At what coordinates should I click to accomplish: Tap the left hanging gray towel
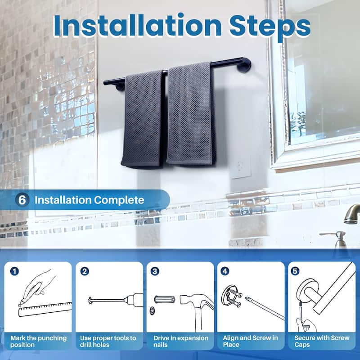(143, 119)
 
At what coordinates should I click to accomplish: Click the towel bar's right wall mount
(244, 65)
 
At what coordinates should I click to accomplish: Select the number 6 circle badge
(22, 200)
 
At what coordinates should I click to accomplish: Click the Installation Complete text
(90, 200)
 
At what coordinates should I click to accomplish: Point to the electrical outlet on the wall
(241, 167)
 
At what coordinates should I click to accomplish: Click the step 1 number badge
(15, 271)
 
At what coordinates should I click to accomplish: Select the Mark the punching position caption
(39, 341)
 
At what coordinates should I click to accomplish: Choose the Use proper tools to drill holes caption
(108, 341)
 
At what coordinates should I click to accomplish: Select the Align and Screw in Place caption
(251, 341)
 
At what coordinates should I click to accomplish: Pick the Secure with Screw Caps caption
(321, 341)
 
